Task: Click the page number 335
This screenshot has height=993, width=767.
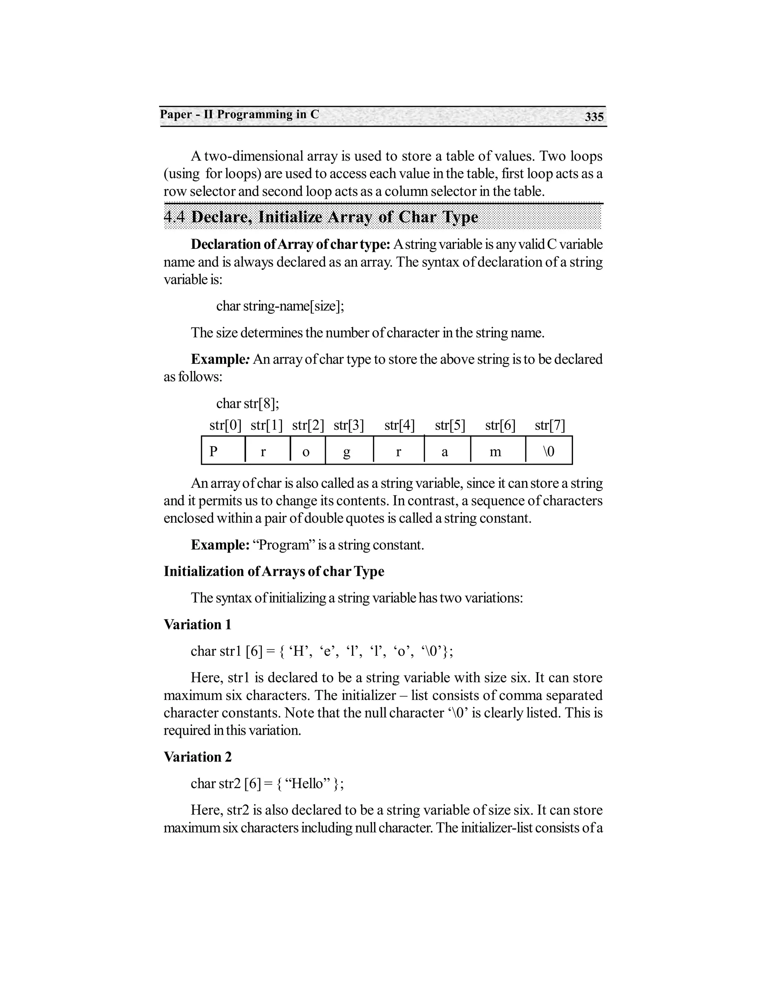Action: [594, 117]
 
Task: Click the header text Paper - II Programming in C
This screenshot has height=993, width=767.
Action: [239, 114]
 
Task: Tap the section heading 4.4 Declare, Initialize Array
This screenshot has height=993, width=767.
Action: [321, 217]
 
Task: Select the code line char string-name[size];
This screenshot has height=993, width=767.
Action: [280, 306]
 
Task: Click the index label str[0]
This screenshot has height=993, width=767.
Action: [225, 426]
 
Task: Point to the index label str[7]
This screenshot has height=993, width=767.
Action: [550, 426]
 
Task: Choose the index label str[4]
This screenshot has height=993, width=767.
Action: [399, 426]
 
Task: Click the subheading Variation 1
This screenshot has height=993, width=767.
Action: [197, 624]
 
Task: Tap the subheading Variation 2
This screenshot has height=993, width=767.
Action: [197, 757]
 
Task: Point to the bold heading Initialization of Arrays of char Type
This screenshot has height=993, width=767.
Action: [273, 571]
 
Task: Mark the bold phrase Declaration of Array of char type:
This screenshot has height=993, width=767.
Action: [290, 244]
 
